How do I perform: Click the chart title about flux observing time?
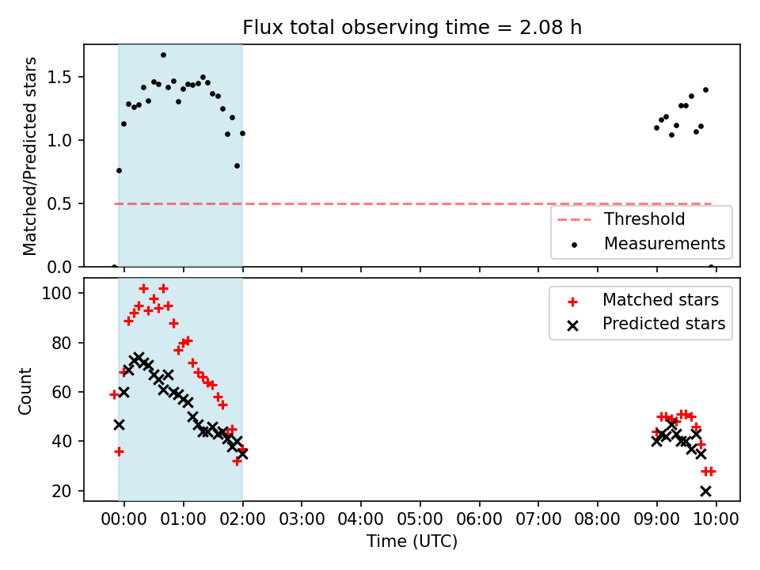point(412,27)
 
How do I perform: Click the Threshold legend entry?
point(621,219)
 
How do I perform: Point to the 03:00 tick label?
point(302,519)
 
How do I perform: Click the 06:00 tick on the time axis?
point(480,519)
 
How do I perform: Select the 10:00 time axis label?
point(716,519)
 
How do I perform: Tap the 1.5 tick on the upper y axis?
point(59,78)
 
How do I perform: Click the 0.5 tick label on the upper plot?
point(59,204)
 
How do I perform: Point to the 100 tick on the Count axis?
point(57,293)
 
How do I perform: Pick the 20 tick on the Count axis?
point(62,491)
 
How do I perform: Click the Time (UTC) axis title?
point(412,541)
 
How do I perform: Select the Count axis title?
point(25,391)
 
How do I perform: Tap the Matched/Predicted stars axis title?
point(29,156)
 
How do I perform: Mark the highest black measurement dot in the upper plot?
point(163,55)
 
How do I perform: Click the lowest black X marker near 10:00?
point(705,492)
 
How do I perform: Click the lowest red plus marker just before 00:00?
point(119,452)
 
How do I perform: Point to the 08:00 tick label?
point(597,519)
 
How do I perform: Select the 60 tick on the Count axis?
point(62,392)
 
